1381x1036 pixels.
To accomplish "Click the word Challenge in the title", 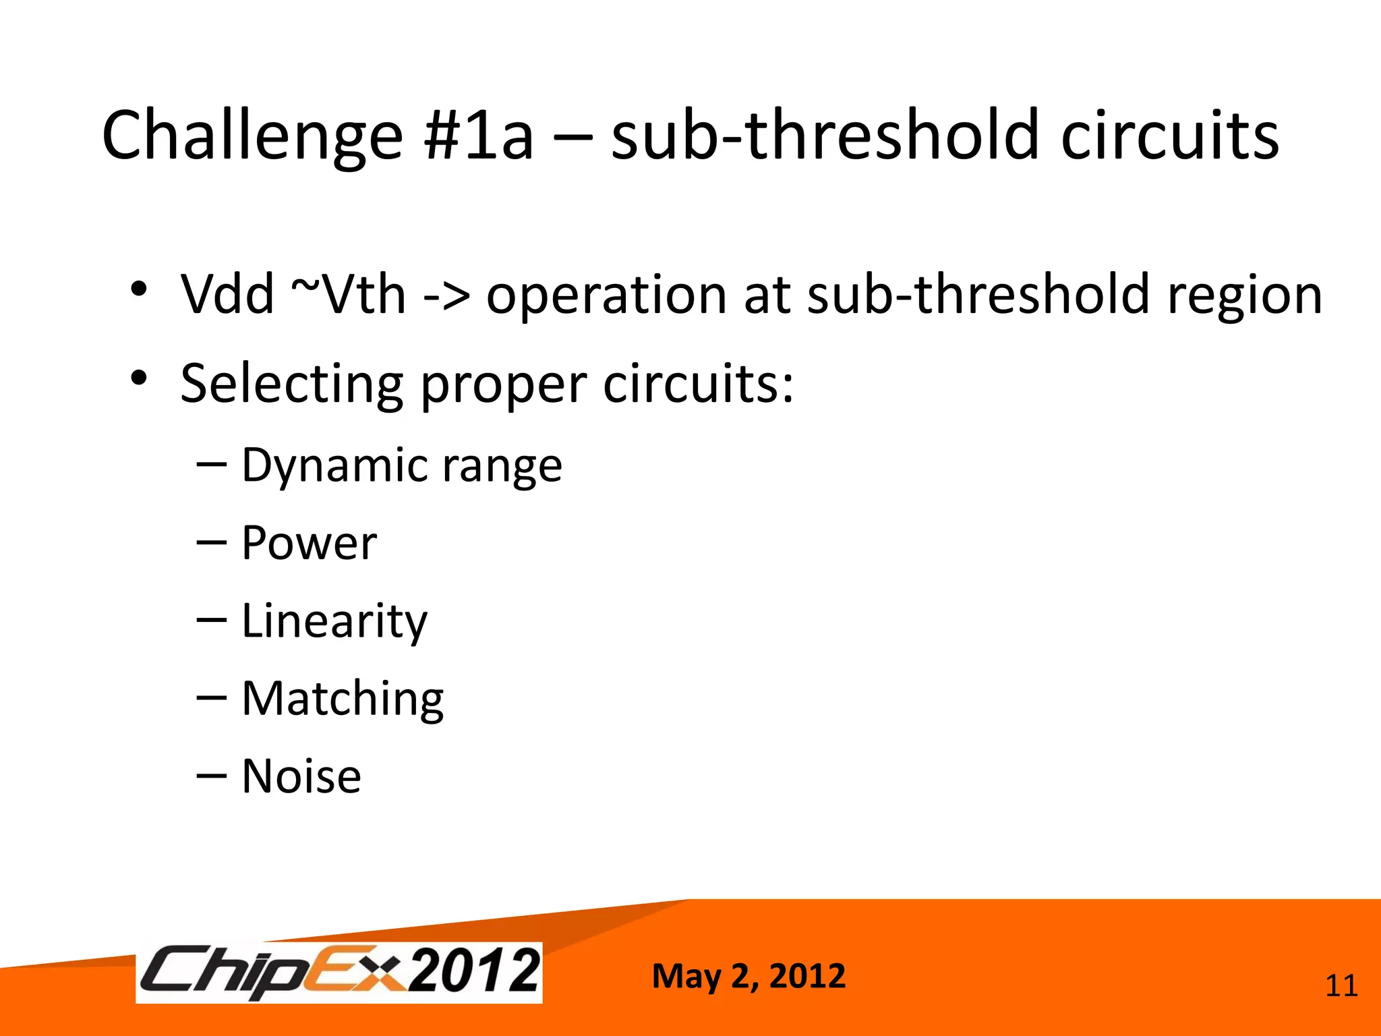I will coord(252,137).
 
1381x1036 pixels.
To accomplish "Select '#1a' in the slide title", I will coord(479,137).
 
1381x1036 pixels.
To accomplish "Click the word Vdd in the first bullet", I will coord(227,295).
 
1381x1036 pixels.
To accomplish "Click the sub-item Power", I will coord(309,544).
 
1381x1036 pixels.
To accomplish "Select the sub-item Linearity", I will coord(334,622).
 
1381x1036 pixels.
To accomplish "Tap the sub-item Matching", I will coord(343,699).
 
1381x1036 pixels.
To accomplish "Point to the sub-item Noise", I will coord(301,777).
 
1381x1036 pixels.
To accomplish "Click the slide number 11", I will coord(1341,986).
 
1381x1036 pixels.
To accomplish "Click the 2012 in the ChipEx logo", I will coord(475,971).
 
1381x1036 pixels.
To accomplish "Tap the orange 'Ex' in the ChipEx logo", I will coord(355,972).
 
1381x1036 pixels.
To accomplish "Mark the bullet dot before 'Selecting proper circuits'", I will coord(139,378).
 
